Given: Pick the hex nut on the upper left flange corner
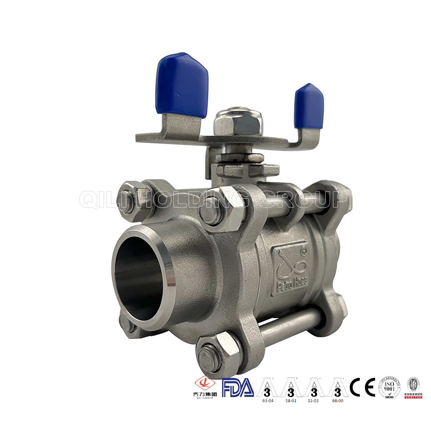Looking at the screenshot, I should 130,197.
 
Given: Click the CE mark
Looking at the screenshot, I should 362,387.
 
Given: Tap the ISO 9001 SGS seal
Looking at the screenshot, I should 389,387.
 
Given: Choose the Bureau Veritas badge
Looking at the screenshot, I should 413,387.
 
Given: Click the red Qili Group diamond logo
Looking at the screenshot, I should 204,384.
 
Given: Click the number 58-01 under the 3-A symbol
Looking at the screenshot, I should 291,400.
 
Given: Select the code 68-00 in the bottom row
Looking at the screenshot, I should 337,400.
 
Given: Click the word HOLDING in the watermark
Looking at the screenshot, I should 192,200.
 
